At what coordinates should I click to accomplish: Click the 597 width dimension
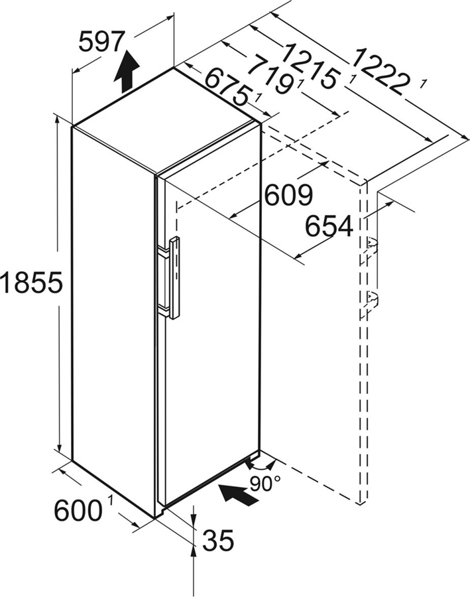click(101, 42)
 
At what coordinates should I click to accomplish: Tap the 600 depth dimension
click(79, 511)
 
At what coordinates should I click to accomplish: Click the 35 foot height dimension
click(218, 541)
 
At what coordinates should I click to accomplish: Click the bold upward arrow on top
click(127, 73)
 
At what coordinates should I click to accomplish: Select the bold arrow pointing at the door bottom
click(239, 494)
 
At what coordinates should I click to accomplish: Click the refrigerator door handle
click(174, 279)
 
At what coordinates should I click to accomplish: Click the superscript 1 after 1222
click(422, 82)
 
